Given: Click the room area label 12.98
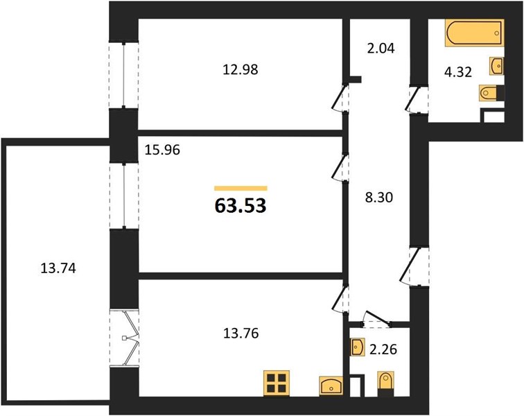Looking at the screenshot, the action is (241, 69).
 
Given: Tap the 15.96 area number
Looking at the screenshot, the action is (162, 150).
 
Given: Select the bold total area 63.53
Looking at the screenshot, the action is (241, 205).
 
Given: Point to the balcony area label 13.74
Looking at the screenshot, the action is (58, 268).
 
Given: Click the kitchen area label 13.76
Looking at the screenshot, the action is (241, 333).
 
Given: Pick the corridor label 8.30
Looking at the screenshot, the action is (379, 198).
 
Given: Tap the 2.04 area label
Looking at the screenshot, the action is (381, 48).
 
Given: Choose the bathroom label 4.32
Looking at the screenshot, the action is (458, 72).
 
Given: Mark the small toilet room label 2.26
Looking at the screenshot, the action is (383, 349).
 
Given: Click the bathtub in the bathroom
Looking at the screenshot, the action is (474, 33).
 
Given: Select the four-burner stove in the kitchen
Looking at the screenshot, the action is (277, 383).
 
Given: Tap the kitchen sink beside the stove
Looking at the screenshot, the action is (331, 386).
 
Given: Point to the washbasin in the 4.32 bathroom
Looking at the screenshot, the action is (496, 66).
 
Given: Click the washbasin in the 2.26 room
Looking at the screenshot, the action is (357, 347).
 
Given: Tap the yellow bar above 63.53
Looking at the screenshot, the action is (241, 189).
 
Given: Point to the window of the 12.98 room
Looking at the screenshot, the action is (123, 75).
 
